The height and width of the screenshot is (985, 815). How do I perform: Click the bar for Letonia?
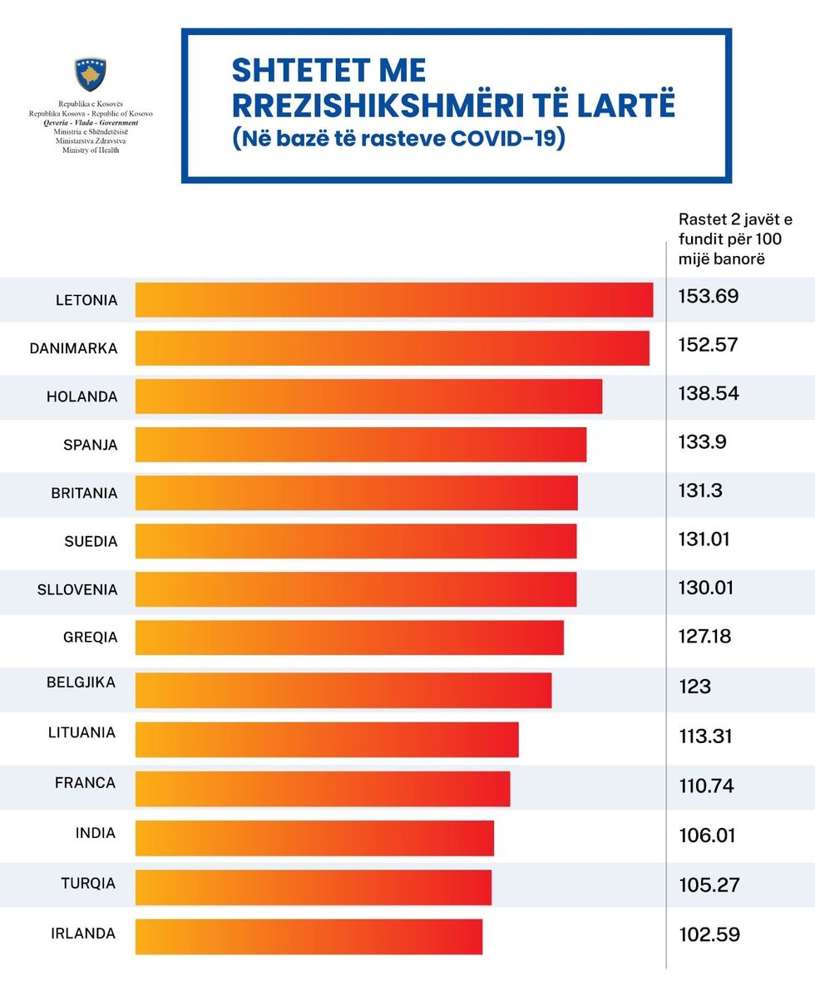pyautogui.click(x=393, y=300)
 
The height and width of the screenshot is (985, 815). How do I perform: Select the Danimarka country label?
pyautogui.click(x=73, y=348)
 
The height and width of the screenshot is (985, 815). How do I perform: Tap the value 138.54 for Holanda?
pyautogui.click(x=709, y=393)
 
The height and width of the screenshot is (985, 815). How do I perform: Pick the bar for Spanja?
pyautogui.click(x=360, y=445)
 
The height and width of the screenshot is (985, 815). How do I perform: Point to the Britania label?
pyautogui.click(x=84, y=493)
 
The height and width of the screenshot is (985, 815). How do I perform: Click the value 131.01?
pyautogui.click(x=704, y=539)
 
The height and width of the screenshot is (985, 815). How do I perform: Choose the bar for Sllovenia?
pyautogui.click(x=355, y=589)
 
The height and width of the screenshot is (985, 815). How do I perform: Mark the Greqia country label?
pyautogui.click(x=91, y=638)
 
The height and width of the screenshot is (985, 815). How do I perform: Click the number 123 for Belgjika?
pyautogui.click(x=695, y=687)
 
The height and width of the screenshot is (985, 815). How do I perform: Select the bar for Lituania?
pyautogui.click(x=326, y=740)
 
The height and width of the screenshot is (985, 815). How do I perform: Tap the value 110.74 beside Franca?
pyautogui.click(x=706, y=786)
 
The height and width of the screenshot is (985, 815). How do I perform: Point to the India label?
pyautogui.click(x=96, y=833)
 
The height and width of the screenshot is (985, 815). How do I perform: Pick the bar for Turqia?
pyautogui.click(x=313, y=887)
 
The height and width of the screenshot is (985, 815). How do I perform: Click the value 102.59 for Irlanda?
pyautogui.click(x=709, y=934)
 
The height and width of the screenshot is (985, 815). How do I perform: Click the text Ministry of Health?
pyautogui.click(x=91, y=150)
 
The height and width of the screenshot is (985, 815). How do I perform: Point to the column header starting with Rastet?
pyautogui.click(x=735, y=239)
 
